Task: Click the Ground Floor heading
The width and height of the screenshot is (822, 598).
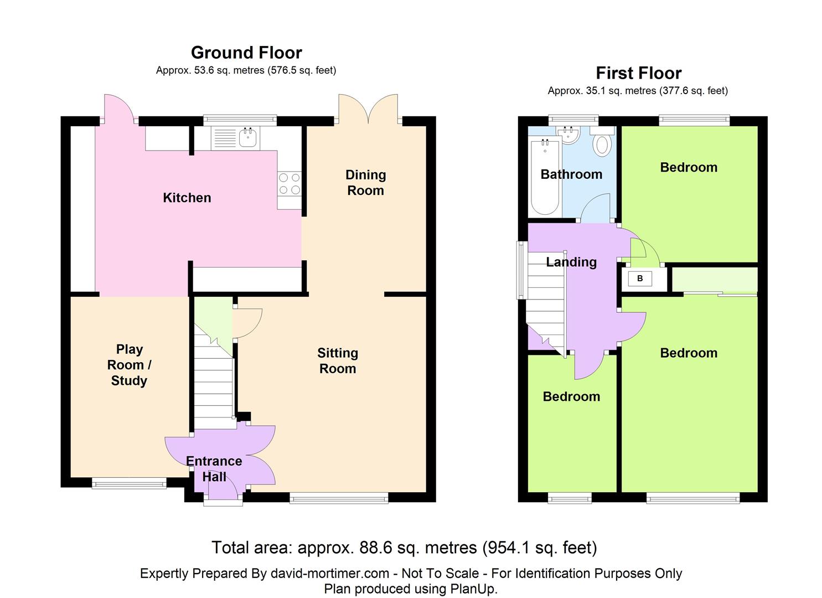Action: pyautogui.click(x=247, y=53)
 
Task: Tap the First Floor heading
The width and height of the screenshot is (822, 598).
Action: pyautogui.click(x=639, y=73)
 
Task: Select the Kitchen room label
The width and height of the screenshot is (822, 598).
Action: pyautogui.click(x=187, y=198)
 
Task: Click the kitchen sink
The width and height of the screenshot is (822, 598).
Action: pyautogui.click(x=248, y=137)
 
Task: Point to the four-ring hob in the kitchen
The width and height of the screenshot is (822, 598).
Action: pyautogui.click(x=289, y=183)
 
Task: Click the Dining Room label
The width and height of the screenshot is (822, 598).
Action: pyautogui.click(x=365, y=183)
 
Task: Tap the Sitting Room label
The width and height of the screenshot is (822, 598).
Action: pyautogui.click(x=338, y=360)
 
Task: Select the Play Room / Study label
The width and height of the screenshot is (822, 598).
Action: pyautogui.click(x=129, y=364)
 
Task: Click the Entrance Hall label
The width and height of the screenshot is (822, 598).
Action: pyautogui.click(x=214, y=469)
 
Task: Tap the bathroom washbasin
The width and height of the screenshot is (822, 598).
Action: pyautogui.click(x=567, y=135)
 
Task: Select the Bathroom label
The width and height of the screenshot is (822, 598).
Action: pyautogui.click(x=571, y=174)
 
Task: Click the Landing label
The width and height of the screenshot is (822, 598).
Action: pyautogui.click(x=571, y=262)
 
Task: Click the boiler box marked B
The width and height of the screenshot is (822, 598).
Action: pyautogui.click(x=640, y=279)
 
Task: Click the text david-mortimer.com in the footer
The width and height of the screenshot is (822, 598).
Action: pyautogui.click(x=329, y=574)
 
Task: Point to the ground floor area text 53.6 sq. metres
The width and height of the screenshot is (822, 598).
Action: pyautogui.click(x=229, y=70)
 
